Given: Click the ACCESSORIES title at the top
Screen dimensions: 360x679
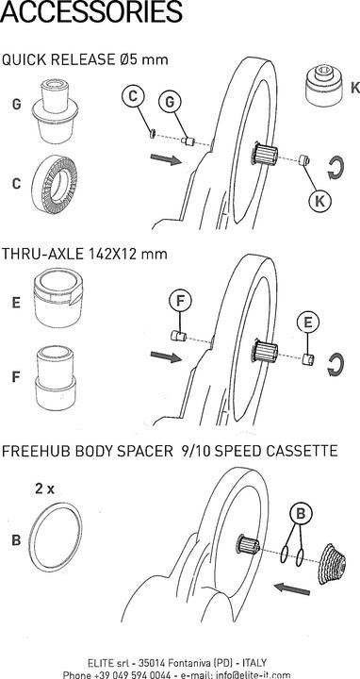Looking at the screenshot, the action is (90, 11).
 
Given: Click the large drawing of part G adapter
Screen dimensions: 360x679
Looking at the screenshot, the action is (55, 111).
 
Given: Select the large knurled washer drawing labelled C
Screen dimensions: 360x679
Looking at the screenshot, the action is (55, 182).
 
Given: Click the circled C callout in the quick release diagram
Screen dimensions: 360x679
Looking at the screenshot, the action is (133, 96).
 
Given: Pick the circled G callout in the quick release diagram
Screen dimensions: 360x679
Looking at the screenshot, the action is (170, 102).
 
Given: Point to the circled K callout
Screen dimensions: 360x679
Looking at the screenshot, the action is (320, 200).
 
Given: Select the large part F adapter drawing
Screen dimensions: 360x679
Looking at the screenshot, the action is (56, 377).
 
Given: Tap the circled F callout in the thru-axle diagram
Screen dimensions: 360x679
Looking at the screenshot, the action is (181, 302).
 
